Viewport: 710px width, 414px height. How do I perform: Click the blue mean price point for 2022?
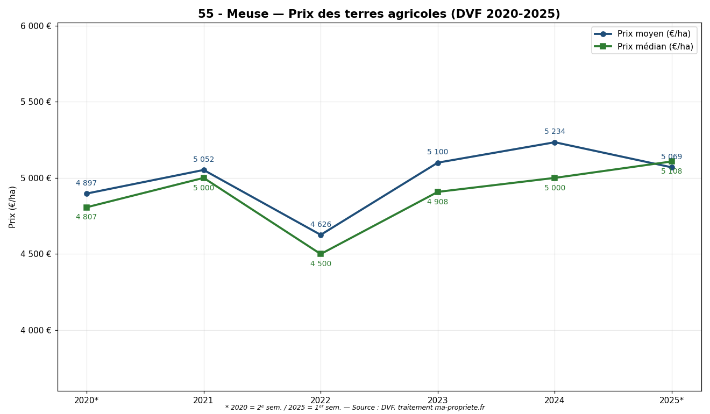coord(321,235)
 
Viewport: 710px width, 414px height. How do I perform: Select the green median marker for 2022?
coord(321,254)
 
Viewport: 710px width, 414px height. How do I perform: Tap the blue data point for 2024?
coord(555,142)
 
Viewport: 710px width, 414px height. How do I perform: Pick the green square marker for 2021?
coord(204,178)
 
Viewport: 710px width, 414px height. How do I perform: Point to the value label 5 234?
coord(555,132)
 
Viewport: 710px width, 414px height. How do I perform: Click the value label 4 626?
coord(321,225)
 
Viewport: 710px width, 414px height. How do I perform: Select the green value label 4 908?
coord(437,202)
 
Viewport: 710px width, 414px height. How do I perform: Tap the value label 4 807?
coord(86,217)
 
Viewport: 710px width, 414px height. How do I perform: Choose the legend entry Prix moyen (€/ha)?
coord(654,34)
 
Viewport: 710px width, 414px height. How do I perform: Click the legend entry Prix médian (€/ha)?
coord(655,47)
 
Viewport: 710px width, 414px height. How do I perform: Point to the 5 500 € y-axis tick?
coord(36,102)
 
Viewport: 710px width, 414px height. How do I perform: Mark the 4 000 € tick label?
coord(36,330)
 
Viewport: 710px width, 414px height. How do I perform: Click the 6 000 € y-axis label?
coord(36,26)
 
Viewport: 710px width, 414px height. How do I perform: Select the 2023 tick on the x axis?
coord(437,400)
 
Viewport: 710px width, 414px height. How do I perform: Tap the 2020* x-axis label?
coord(86,400)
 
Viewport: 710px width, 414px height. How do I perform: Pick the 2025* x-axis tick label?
coord(671,400)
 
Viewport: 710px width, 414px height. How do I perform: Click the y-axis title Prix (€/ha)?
coord(13,207)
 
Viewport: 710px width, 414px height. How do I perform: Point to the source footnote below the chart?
coord(355,408)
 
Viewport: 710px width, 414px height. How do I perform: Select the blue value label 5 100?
coord(437,152)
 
